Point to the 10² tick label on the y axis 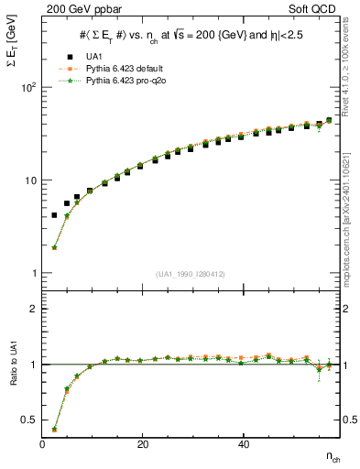tap(27, 87)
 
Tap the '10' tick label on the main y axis tap(29, 180)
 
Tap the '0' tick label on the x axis tap(42, 444)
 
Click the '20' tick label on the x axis tap(142, 444)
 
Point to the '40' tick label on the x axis tap(242, 444)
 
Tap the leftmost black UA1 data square tap(54, 215)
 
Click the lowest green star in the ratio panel tap(54, 428)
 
